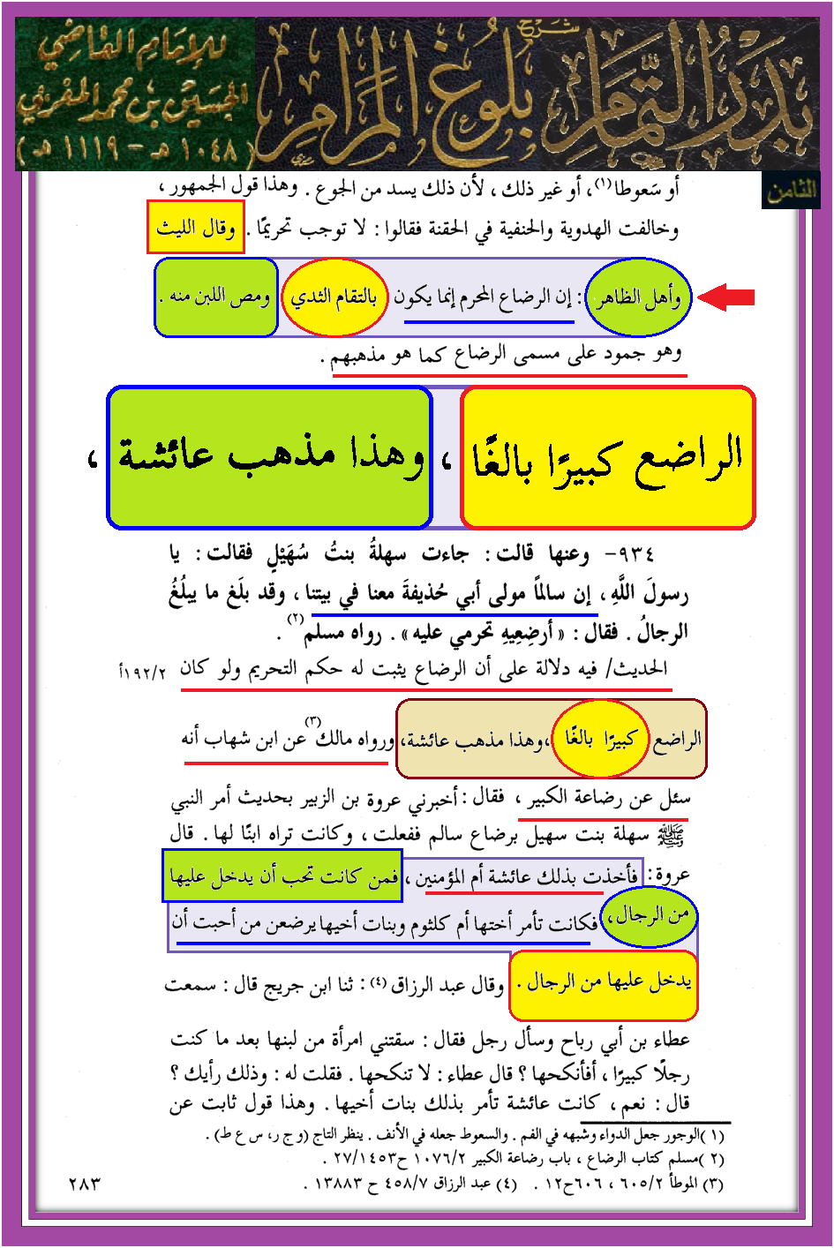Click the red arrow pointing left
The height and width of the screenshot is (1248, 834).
coord(726,297)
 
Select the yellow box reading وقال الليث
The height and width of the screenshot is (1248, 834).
coord(195,228)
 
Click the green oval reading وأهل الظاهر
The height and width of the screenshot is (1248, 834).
coord(638,298)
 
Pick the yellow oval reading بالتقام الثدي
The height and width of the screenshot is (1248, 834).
coord(334,297)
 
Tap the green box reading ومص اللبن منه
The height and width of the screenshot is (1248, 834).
coord(217,297)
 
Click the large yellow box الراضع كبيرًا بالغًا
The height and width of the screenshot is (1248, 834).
coord(608,457)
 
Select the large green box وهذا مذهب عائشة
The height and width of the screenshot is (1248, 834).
coord(270,457)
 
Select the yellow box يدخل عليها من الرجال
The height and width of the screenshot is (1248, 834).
coord(604,983)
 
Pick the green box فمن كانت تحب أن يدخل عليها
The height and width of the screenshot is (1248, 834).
coord(282,876)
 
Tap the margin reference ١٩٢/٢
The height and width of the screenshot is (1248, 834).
coord(142,672)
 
